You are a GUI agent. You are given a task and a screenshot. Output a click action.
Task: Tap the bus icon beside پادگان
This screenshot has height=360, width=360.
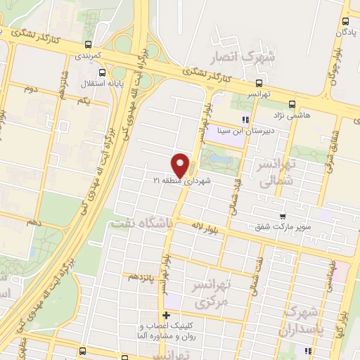tap(345, 22)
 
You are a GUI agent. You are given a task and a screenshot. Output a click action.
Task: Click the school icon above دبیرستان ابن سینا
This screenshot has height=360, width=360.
tap(245, 120)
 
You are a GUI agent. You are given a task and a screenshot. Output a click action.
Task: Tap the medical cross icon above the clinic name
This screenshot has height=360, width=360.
tap(167, 315)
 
